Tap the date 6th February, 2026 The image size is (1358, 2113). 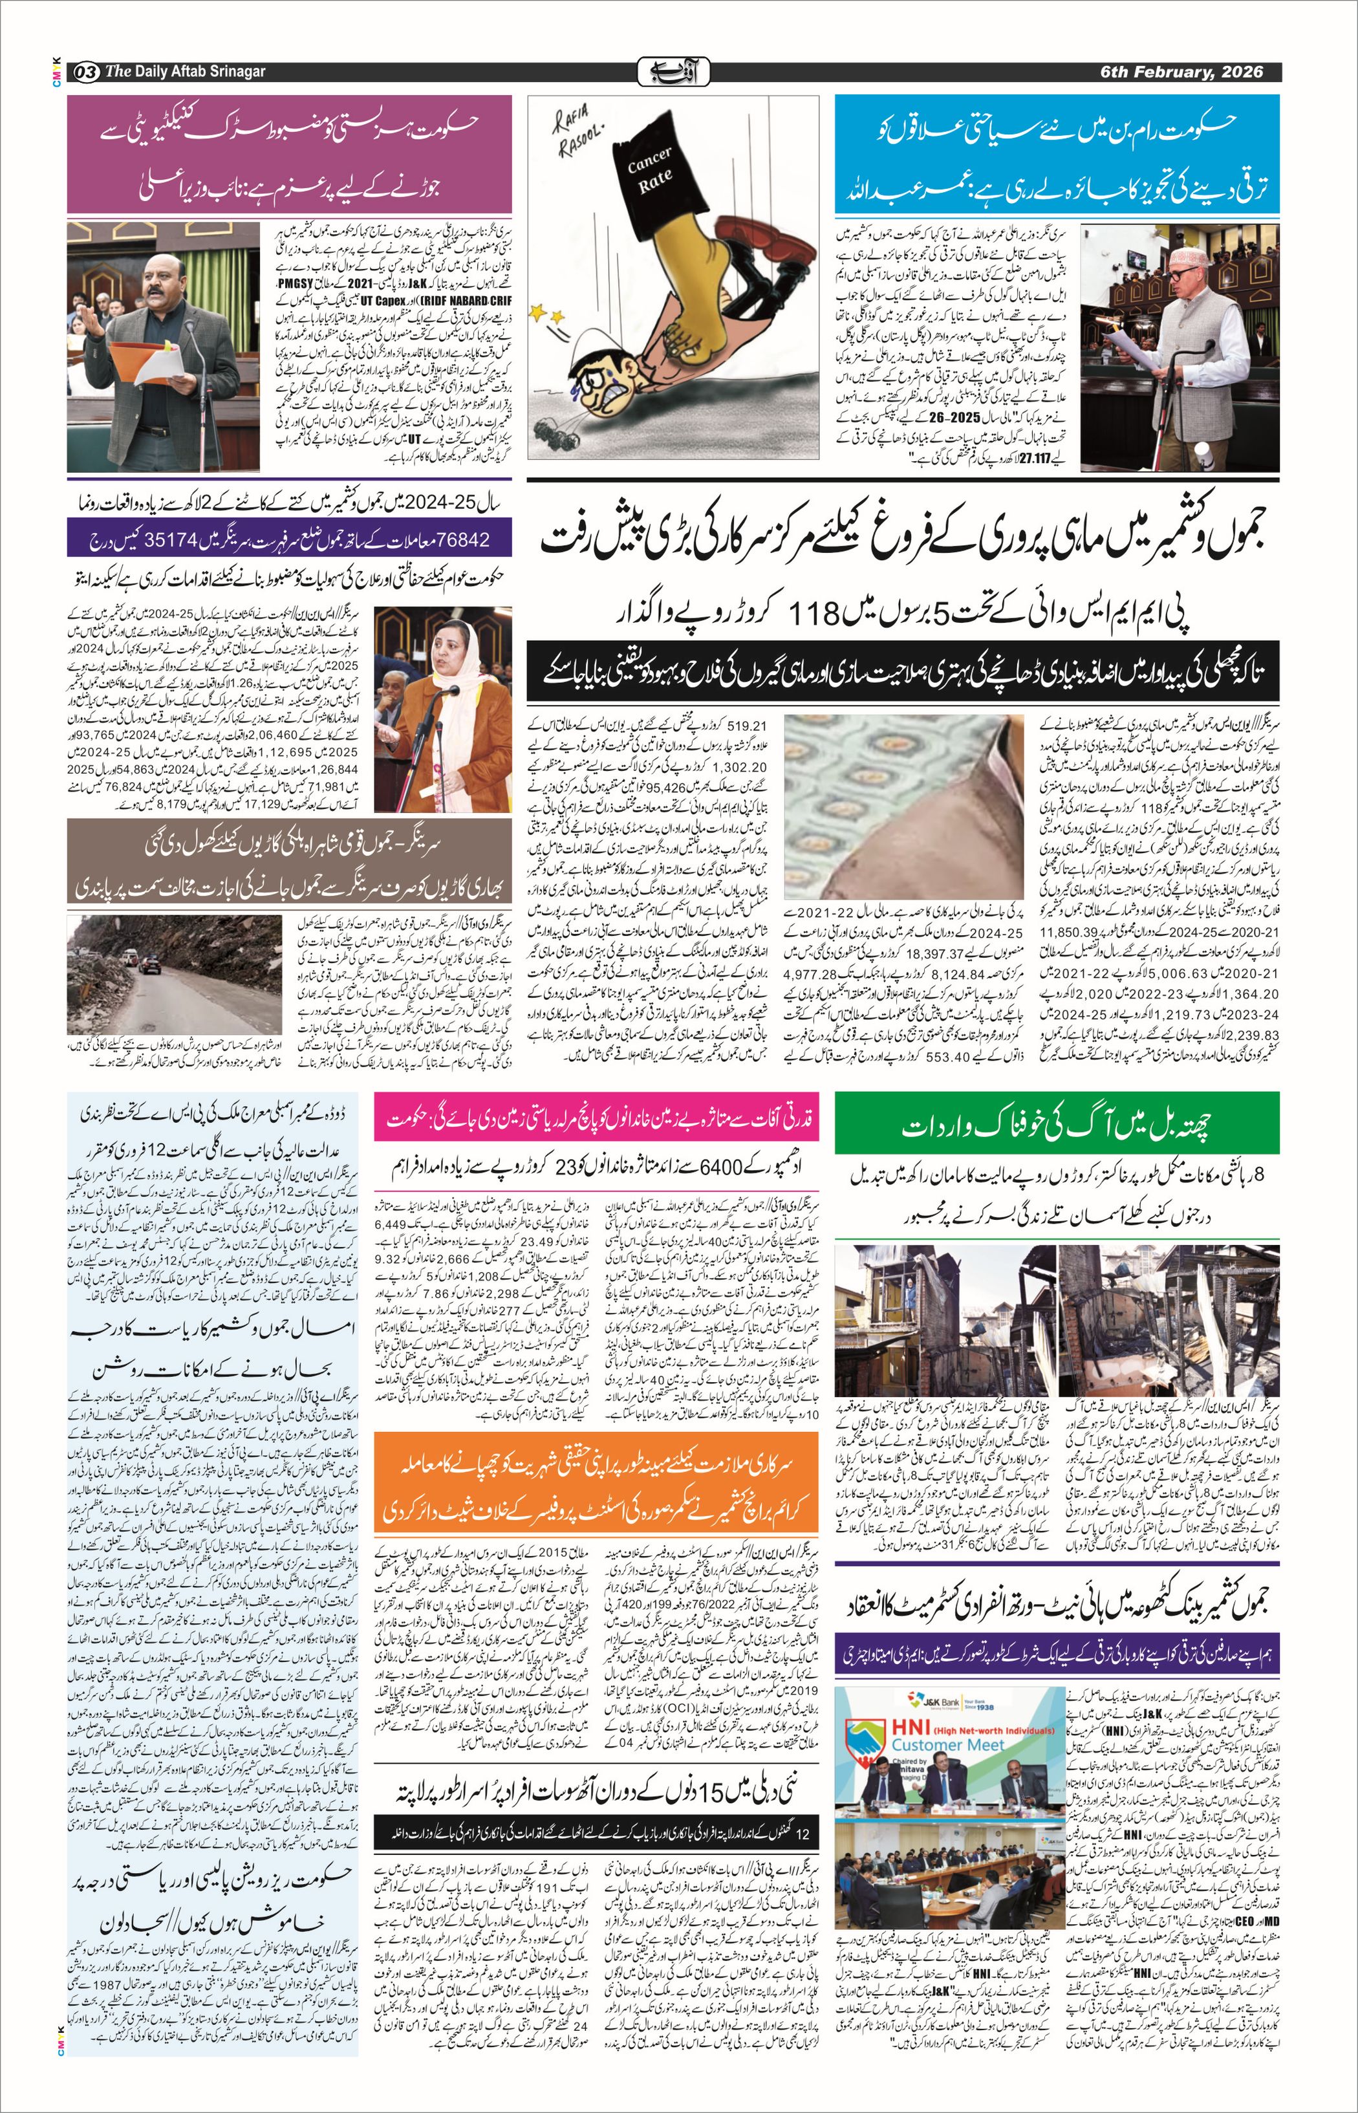click(1181, 71)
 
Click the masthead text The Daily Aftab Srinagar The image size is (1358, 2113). click(185, 71)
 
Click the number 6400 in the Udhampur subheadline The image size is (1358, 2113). click(722, 1169)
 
